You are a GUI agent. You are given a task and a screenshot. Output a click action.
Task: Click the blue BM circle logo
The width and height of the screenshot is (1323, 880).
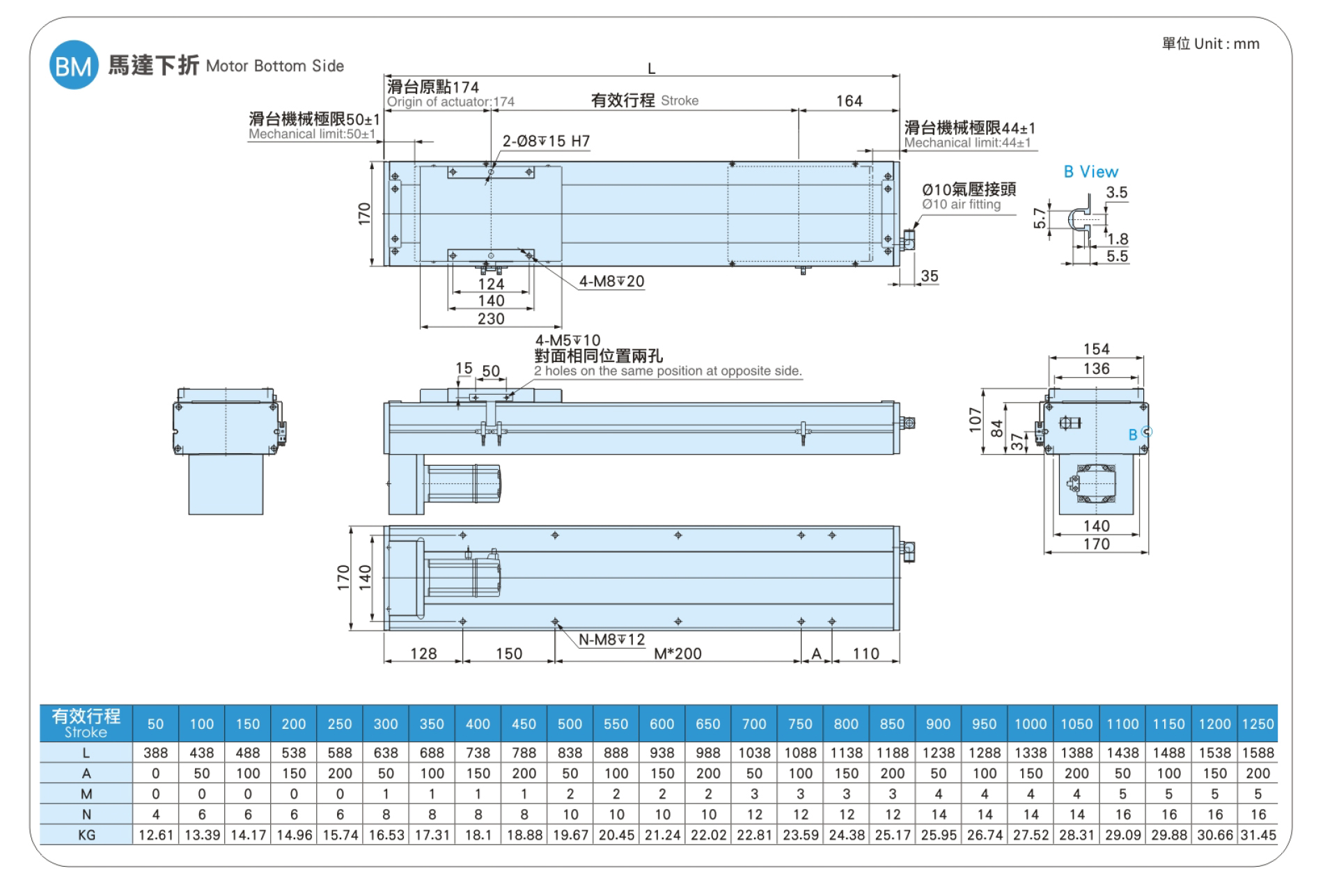click(73, 65)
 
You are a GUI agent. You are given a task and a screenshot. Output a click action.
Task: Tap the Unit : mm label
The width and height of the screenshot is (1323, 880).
click(1227, 44)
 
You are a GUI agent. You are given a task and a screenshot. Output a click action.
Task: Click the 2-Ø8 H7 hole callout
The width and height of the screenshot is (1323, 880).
click(546, 141)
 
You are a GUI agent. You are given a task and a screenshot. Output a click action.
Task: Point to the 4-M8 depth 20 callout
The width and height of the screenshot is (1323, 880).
click(611, 281)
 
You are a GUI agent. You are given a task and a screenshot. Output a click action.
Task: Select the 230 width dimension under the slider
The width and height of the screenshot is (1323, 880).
click(491, 319)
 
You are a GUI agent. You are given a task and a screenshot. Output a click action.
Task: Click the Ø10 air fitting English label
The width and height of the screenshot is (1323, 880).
click(962, 205)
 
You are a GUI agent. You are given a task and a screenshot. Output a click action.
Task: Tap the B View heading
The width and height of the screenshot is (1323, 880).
click(1090, 172)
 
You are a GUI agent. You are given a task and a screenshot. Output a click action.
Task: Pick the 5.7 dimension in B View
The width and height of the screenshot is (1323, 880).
click(1040, 218)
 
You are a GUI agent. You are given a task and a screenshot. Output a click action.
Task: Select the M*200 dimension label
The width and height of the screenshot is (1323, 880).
click(678, 654)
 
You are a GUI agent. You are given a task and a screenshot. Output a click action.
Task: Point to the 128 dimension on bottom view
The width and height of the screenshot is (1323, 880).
click(423, 654)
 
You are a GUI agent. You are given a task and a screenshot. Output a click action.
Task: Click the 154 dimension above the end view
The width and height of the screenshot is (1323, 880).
click(1096, 349)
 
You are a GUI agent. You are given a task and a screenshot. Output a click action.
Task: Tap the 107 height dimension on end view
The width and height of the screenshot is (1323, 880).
click(975, 420)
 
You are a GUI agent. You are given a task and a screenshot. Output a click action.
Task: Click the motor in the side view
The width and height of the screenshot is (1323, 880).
click(464, 483)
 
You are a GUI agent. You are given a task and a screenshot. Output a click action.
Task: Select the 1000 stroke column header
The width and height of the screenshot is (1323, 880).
click(1031, 724)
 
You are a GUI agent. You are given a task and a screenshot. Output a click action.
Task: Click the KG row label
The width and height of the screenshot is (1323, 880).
click(86, 835)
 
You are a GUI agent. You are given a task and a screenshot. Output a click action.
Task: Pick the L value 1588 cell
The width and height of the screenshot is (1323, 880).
click(1258, 753)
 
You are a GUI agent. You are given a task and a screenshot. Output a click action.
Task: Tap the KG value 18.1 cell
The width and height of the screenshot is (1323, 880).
click(478, 835)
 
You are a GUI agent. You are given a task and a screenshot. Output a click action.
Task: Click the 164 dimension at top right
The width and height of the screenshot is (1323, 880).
click(849, 102)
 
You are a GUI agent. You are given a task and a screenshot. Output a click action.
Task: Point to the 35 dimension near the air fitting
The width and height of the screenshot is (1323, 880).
click(930, 276)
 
